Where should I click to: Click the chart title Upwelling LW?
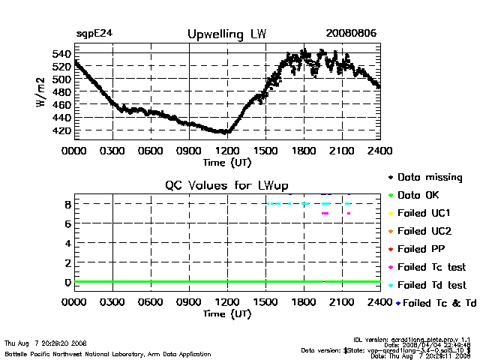click(226, 34)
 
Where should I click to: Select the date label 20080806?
click(351, 34)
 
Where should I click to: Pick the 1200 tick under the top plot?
click(226, 151)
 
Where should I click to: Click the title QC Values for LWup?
click(226, 185)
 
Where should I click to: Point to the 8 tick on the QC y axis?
click(67, 203)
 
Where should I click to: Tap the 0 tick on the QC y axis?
click(67, 282)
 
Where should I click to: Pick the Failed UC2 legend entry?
click(420, 231)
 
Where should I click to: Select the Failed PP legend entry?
click(418, 249)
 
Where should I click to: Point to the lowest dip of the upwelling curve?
click(223, 132)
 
